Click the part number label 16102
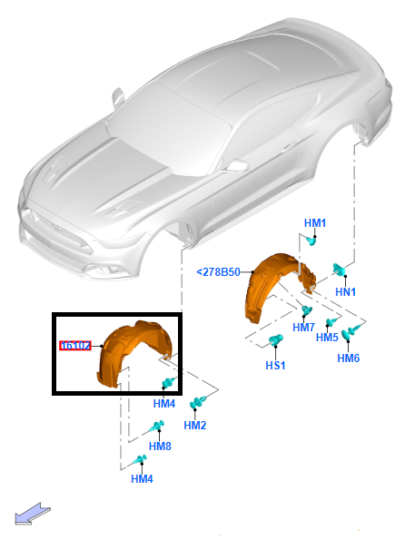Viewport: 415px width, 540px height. tap(75, 346)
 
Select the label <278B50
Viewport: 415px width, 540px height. tap(219, 272)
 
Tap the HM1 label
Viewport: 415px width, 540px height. tap(315, 223)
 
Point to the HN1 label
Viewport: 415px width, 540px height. tap(345, 292)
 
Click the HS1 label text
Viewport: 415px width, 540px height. tap(275, 366)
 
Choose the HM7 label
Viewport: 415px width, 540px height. tap(303, 327)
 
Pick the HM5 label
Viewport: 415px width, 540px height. tap(327, 337)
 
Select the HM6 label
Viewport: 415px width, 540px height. tap(349, 358)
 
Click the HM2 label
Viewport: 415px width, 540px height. tap(195, 426)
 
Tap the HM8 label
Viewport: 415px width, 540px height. tap(160, 447)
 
